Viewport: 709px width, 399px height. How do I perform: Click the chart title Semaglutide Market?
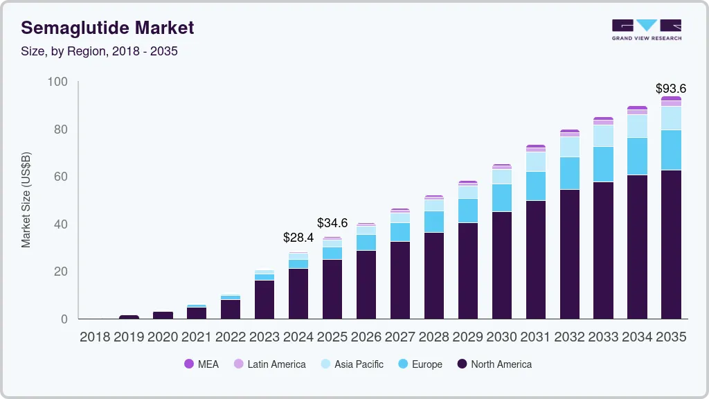pyautogui.click(x=107, y=28)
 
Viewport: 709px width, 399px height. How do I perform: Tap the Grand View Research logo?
pyautogui.click(x=647, y=29)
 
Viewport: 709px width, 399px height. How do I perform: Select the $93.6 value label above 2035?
pyautogui.click(x=671, y=89)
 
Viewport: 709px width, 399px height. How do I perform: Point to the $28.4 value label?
pyautogui.click(x=298, y=238)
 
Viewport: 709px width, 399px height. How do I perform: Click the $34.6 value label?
pyautogui.click(x=332, y=223)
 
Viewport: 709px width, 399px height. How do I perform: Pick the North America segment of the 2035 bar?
pyautogui.click(x=671, y=244)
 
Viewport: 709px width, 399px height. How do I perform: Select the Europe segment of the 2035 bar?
pyautogui.click(x=671, y=150)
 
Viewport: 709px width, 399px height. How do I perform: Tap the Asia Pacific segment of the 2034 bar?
pyautogui.click(x=637, y=126)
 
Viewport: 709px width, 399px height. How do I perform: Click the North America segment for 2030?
pyautogui.click(x=501, y=265)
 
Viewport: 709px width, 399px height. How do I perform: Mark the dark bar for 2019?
pyautogui.click(x=129, y=317)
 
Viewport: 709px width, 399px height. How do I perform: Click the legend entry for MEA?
pyautogui.click(x=201, y=364)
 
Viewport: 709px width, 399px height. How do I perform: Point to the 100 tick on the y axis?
pyautogui.click(x=57, y=82)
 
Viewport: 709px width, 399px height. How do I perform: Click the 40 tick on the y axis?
pyautogui.click(x=61, y=224)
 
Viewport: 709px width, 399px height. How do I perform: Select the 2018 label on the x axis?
pyautogui.click(x=95, y=337)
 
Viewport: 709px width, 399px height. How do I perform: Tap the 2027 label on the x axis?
pyautogui.click(x=400, y=337)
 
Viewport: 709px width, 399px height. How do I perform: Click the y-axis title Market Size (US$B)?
pyautogui.click(x=26, y=200)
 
